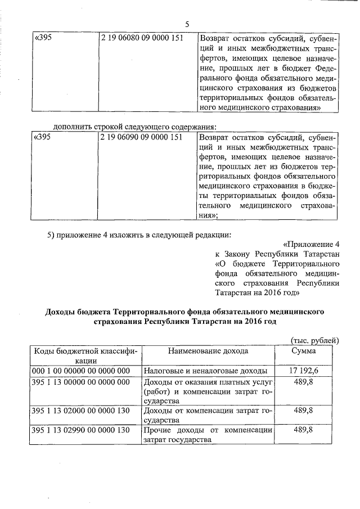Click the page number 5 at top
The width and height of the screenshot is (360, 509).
187,24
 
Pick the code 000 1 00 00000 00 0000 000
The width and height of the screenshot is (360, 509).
81,371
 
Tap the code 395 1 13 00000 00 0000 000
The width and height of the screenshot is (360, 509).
81,382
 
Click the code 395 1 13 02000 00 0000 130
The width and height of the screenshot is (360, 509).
81,411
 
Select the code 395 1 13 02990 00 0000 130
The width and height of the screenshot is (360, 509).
81,430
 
